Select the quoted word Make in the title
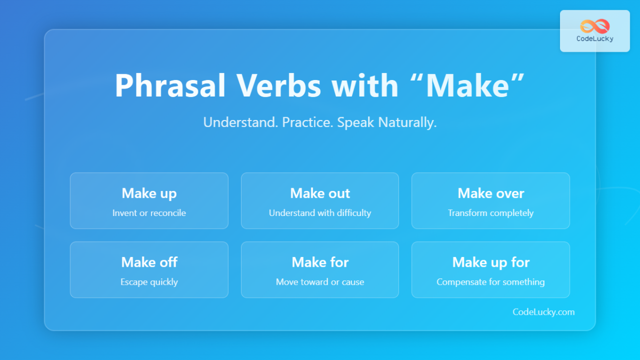point(466,85)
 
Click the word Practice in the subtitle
point(308,123)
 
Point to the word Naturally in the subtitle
point(407,123)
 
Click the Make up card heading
point(149,193)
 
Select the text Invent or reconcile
point(149,213)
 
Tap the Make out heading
point(320,193)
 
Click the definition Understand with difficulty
point(320,213)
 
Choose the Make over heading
point(491,193)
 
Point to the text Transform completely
point(491,213)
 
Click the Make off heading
point(149,262)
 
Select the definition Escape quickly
point(149,282)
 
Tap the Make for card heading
point(320,262)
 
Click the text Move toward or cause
point(320,282)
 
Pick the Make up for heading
point(491,262)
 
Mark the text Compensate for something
point(491,282)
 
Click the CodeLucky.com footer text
point(543,312)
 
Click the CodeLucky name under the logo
point(595,39)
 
